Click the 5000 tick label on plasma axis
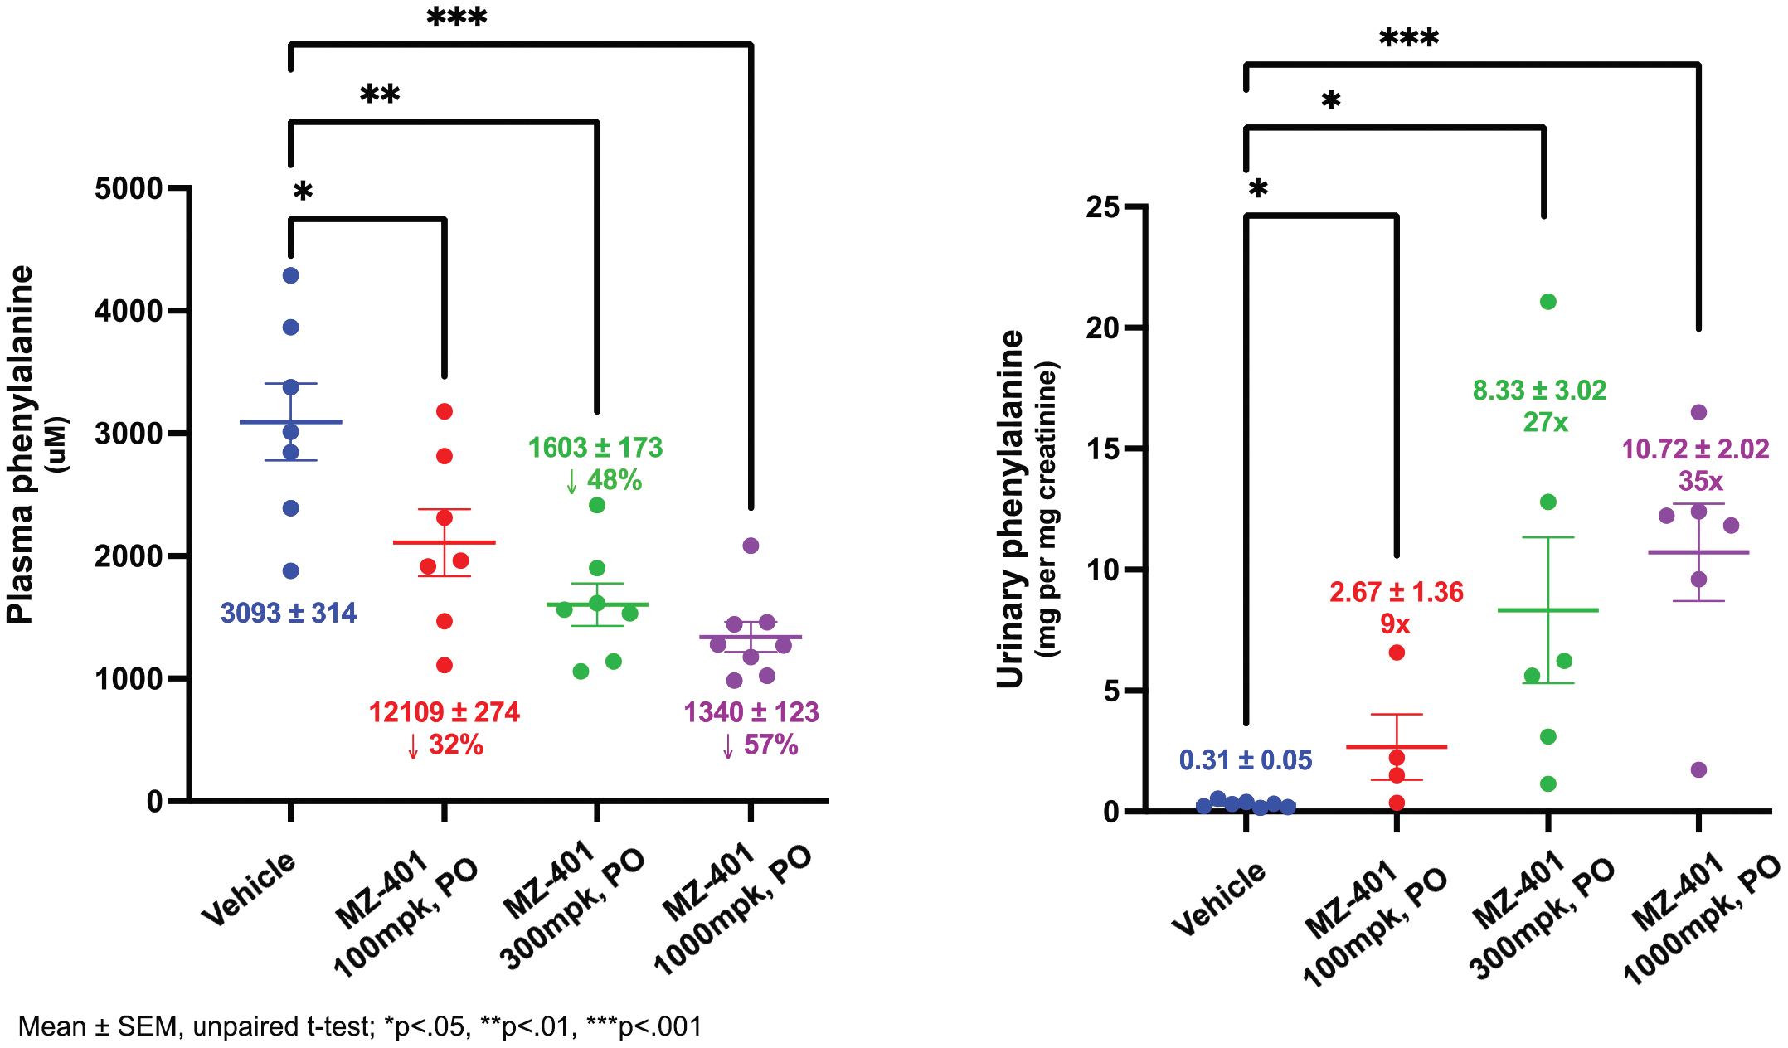point(129,189)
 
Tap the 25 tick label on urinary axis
point(1102,206)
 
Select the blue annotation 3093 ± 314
point(288,614)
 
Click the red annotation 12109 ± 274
point(444,712)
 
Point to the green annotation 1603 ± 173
point(595,448)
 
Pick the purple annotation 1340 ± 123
point(751,712)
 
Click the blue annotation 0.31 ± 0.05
point(1246,760)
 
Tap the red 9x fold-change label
point(1395,624)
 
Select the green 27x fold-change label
point(1545,423)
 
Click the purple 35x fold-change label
point(1700,482)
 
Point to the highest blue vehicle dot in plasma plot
point(290,275)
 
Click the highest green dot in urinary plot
point(1547,302)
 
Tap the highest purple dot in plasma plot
point(751,546)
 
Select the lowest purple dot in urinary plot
point(1698,770)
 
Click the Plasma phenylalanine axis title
point(22,444)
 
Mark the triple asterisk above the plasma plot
point(456,17)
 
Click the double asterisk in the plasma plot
point(380,95)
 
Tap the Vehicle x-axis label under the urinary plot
point(1218,899)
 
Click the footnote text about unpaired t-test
point(360,1026)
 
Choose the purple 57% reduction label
point(760,745)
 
